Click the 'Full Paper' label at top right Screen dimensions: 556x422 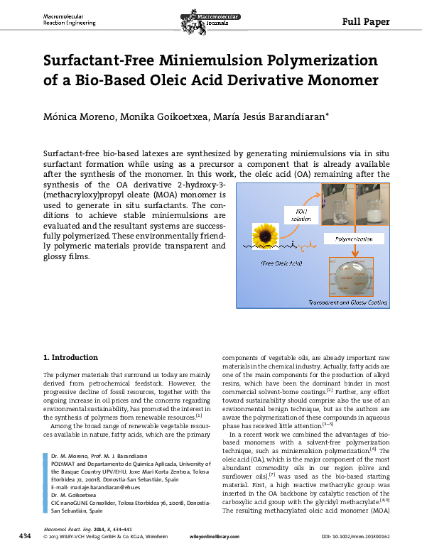[367, 21]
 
